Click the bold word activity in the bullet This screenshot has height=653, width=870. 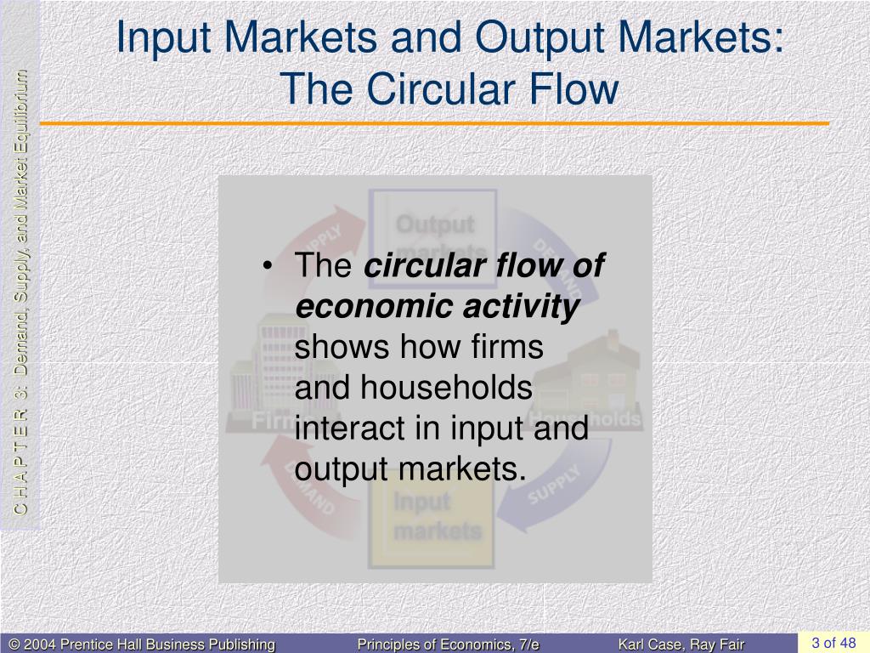click(522, 307)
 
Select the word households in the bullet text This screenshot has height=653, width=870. click(445, 388)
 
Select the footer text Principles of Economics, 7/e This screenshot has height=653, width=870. click(448, 644)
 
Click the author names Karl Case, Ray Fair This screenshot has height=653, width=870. click(681, 644)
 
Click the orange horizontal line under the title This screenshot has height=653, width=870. click(433, 124)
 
